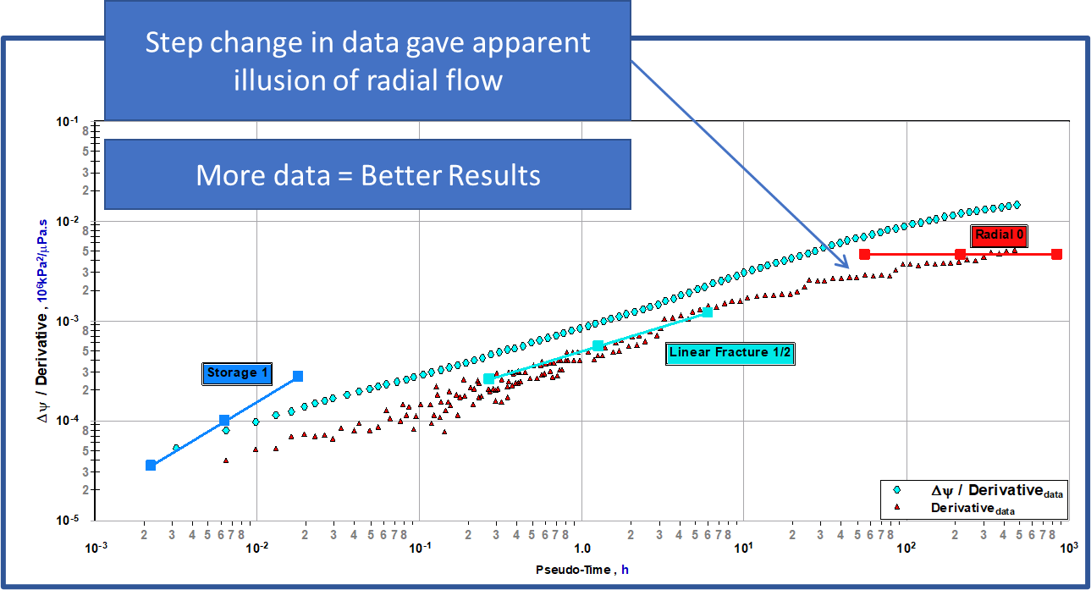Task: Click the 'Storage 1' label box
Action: click(238, 373)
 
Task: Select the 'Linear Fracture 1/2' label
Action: click(730, 353)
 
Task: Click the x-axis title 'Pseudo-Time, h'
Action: click(582, 570)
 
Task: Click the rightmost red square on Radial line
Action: click(1056, 254)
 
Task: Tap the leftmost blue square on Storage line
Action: click(151, 465)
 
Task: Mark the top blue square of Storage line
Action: click(298, 376)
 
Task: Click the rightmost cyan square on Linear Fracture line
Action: click(708, 312)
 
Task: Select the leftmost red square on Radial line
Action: click(864, 254)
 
